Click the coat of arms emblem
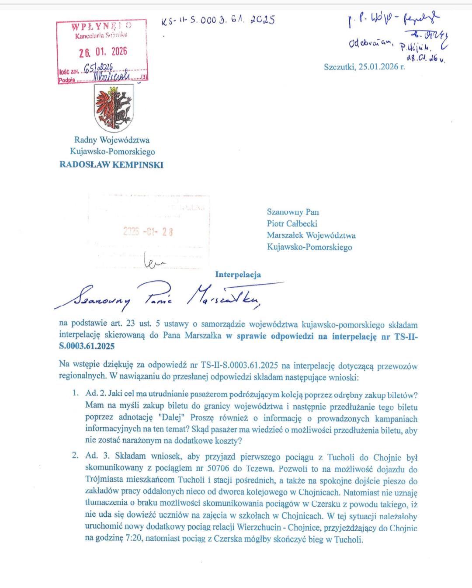tap(114, 108)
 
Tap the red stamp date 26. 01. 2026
tap(103, 52)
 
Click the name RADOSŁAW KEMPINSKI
tap(111, 165)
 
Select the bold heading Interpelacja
tap(238, 275)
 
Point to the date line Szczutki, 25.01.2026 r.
tap(364, 67)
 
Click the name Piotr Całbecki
tap(292, 223)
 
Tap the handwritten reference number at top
tap(218, 20)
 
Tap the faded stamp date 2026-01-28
tap(148, 232)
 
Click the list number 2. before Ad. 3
tap(76, 456)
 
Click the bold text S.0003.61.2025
tap(87, 346)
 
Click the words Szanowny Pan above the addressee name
tap(293, 212)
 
